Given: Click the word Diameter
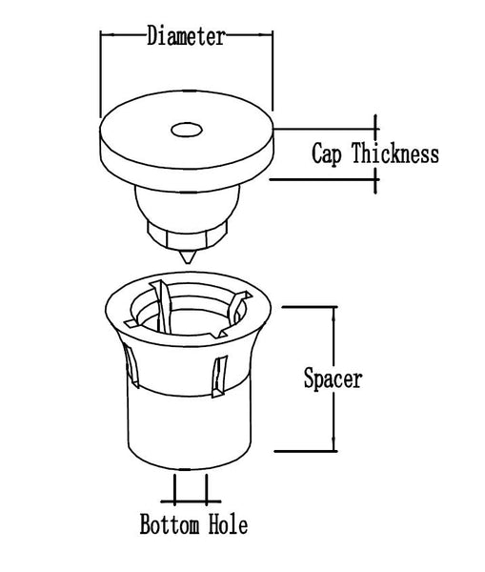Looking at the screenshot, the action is [186, 36].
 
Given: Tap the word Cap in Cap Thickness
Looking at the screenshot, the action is [327, 154].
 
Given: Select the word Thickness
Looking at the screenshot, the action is [395, 153].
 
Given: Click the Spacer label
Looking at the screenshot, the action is [333, 379].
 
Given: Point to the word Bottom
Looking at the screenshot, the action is [170, 523].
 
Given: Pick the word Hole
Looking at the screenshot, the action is [229, 523].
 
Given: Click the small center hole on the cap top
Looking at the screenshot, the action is [187, 130].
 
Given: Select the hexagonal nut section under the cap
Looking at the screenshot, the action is [187, 235].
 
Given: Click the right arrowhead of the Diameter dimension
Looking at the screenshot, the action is [265, 35].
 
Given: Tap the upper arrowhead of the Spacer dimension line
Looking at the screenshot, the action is [333, 315].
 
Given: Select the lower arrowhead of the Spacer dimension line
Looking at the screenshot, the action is [333, 443].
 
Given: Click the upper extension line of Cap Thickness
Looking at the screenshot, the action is [327, 129].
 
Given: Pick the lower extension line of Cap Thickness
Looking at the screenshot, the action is [325, 179].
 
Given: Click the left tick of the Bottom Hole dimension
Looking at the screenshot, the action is [174, 490].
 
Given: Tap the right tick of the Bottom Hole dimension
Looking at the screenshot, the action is [207, 490].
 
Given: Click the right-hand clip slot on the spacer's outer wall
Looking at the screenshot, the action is [219, 377].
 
